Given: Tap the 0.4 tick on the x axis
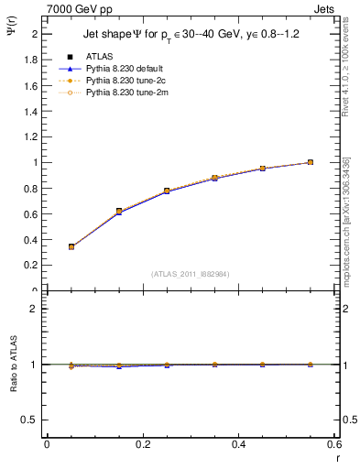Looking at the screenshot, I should click(238, 444).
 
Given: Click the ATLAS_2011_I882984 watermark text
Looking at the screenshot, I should click(190, 274).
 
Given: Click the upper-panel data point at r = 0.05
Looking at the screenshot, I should click(71, 246).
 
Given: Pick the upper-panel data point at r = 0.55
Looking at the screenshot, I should click(311, 162).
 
